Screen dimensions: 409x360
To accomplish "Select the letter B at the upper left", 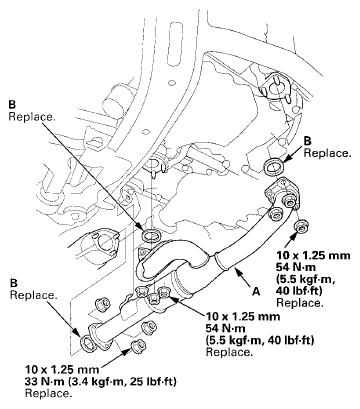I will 11,104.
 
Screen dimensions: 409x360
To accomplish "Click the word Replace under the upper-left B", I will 31,116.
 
